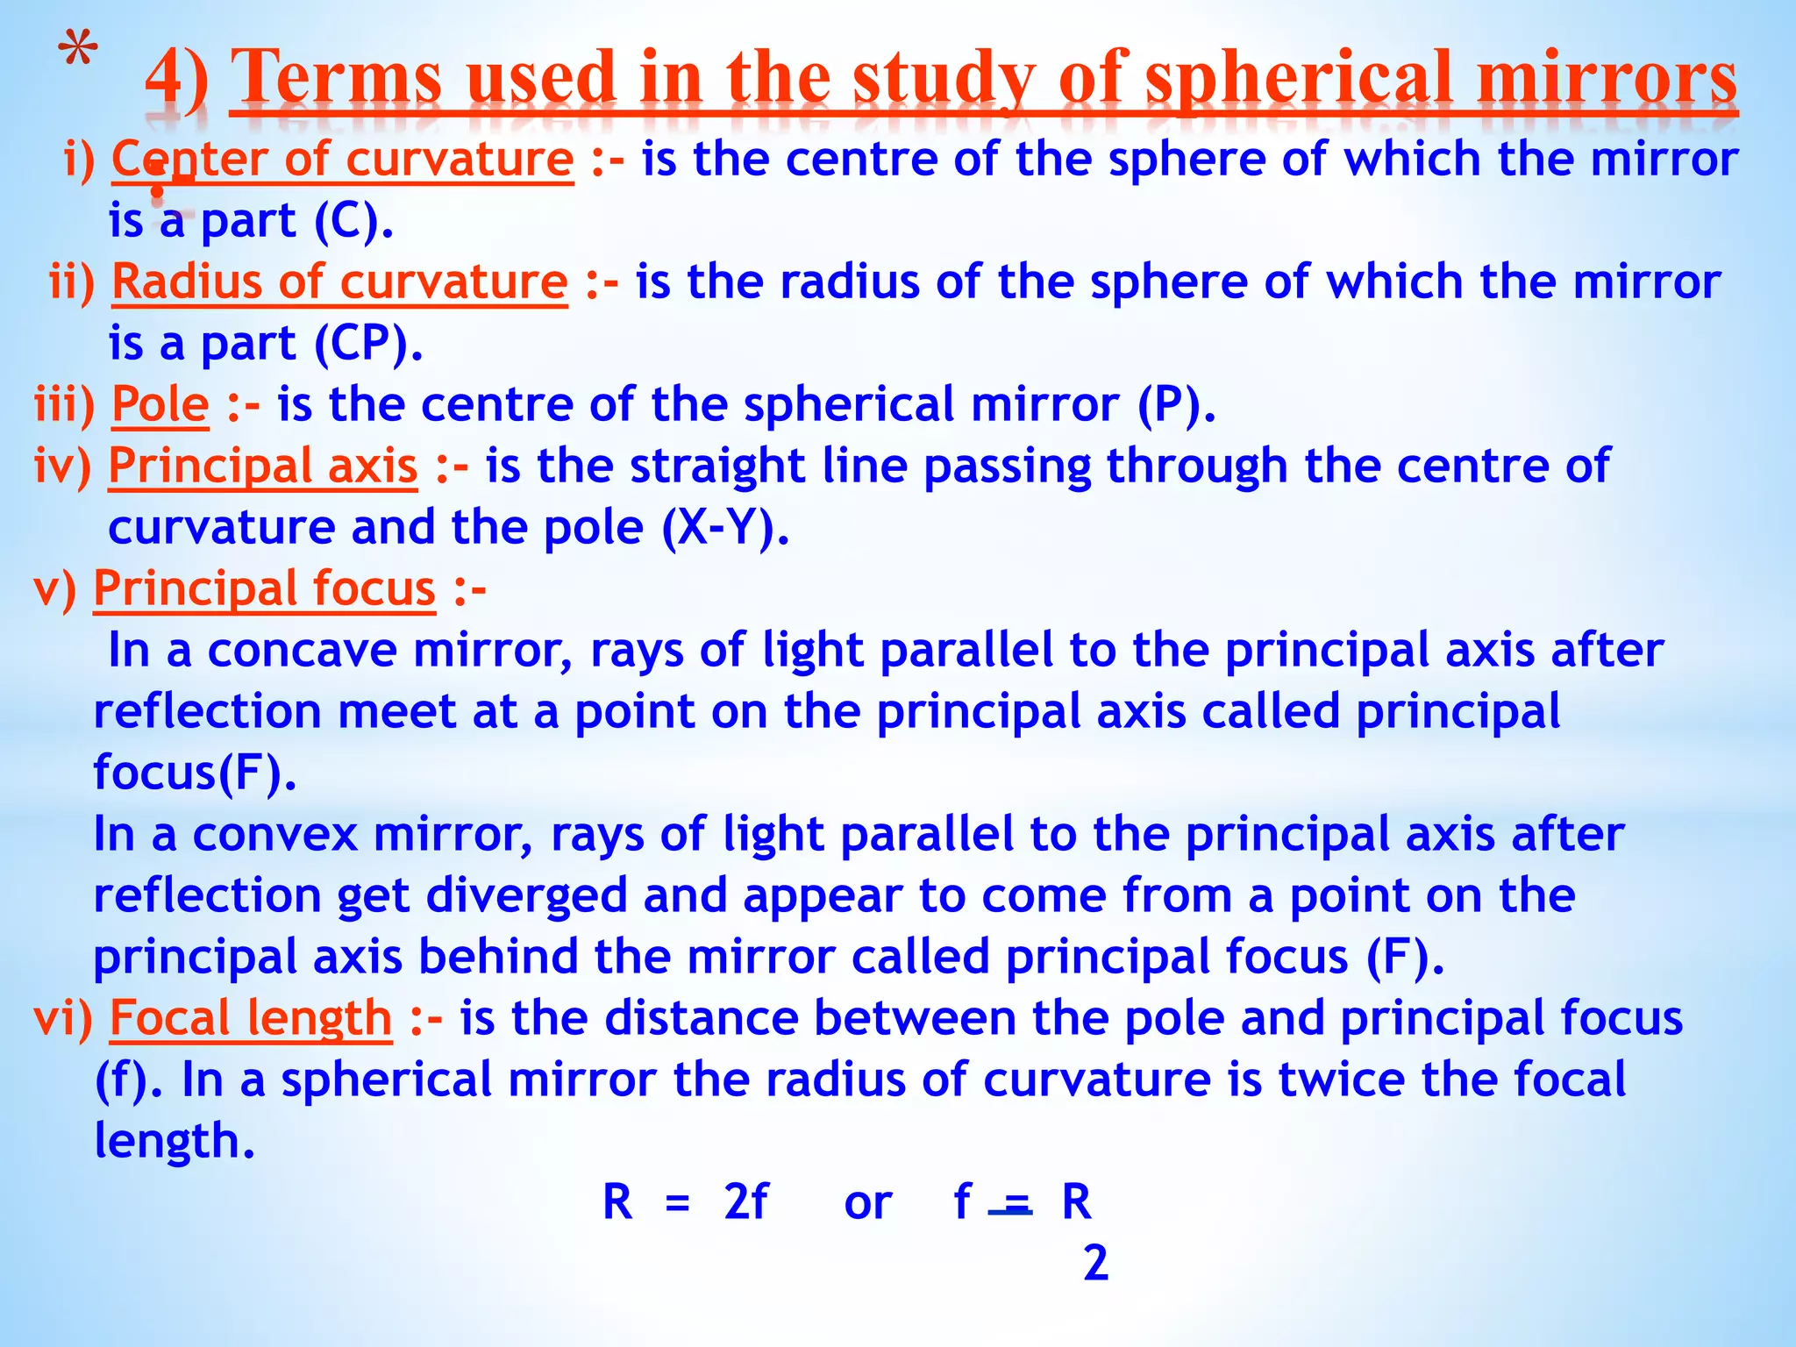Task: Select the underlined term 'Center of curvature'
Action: click(x=342, y=160)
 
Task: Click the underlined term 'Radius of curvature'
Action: click(x=339, y=282)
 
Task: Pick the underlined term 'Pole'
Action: click(x=160, y=405)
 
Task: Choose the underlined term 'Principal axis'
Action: click(x=262, y=466)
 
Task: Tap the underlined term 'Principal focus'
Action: click(x=264, y=588)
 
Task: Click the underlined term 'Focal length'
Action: click(x=250, y=1018)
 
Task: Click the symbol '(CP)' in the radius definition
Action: click(x=367, y=344)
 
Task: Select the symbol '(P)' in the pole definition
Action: click(x=1176, y=405)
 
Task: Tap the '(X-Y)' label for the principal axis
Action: click(x=724, y=528)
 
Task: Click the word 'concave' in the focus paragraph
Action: click(x=302, y=651)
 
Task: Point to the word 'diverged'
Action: click(x=526, y=896)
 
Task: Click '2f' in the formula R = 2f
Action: click(x=745, y=1202)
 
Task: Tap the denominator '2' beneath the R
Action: click(x=1095, y=1264)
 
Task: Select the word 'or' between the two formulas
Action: click(x=867, y=1203)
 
